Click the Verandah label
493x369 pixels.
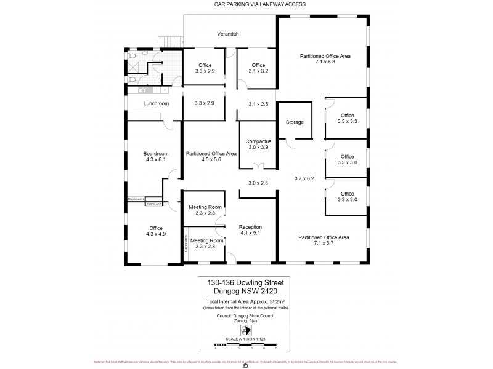[227, 34]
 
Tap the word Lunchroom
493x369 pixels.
[156, 103]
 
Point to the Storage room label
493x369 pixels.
[295, 122]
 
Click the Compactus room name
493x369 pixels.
[258, 141]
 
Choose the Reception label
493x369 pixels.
[251, 227]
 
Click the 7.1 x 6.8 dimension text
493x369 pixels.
[325, 62]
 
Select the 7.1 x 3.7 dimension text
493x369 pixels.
[324, 243]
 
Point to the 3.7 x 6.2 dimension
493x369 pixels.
[304, 178]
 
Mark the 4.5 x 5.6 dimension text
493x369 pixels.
[211, 159]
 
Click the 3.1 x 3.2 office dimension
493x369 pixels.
[258, 71]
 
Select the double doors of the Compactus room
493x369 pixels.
[258, 167]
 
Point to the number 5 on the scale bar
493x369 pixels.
[275, 348]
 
